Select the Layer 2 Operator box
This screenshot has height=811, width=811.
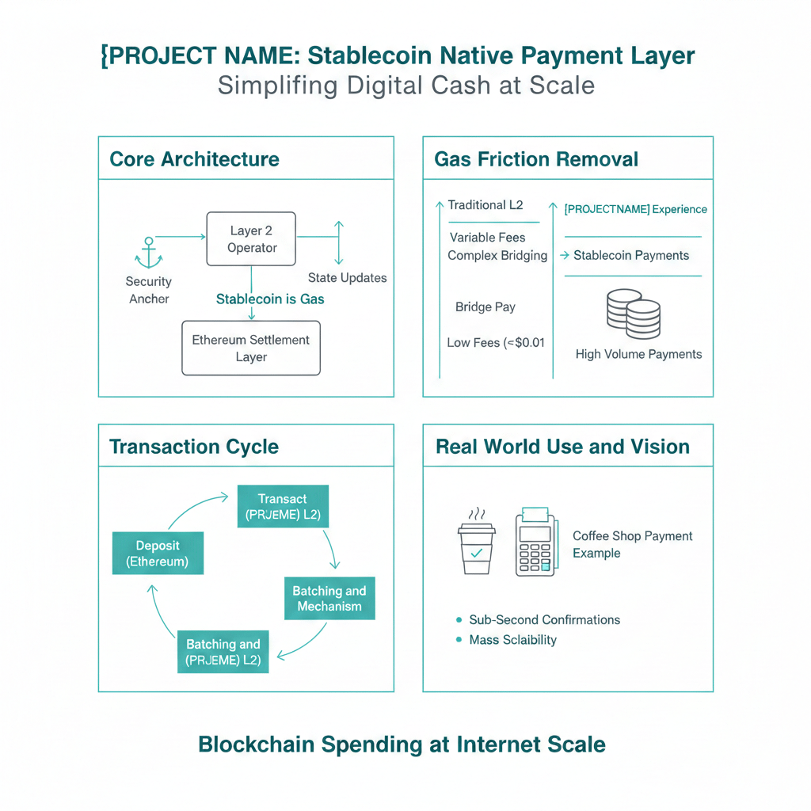coord(251,239)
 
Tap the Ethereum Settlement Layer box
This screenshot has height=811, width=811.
coord(251,348)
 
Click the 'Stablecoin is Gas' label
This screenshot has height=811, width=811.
coord(270,299)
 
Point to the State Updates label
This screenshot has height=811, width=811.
coord(347,278)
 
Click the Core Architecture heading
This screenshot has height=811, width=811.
coord(194,159)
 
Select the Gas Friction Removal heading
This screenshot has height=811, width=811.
coord(536,159)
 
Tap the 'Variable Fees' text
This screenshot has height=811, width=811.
coord(487,238)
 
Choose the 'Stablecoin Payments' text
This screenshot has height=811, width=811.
coord(631,256)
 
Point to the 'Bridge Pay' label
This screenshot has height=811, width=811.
coord(485,307)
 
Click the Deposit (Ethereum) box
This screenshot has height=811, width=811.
coord(158,554)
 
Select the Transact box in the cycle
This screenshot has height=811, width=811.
coord(283,507)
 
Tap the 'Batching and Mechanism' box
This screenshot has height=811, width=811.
coord(329,599)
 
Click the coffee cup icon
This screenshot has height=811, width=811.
coord(476,543)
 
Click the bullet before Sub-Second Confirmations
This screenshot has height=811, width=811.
coord(459,620)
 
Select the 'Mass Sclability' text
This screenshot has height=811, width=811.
coord(512,640)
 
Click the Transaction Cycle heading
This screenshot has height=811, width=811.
coord(194,447)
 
